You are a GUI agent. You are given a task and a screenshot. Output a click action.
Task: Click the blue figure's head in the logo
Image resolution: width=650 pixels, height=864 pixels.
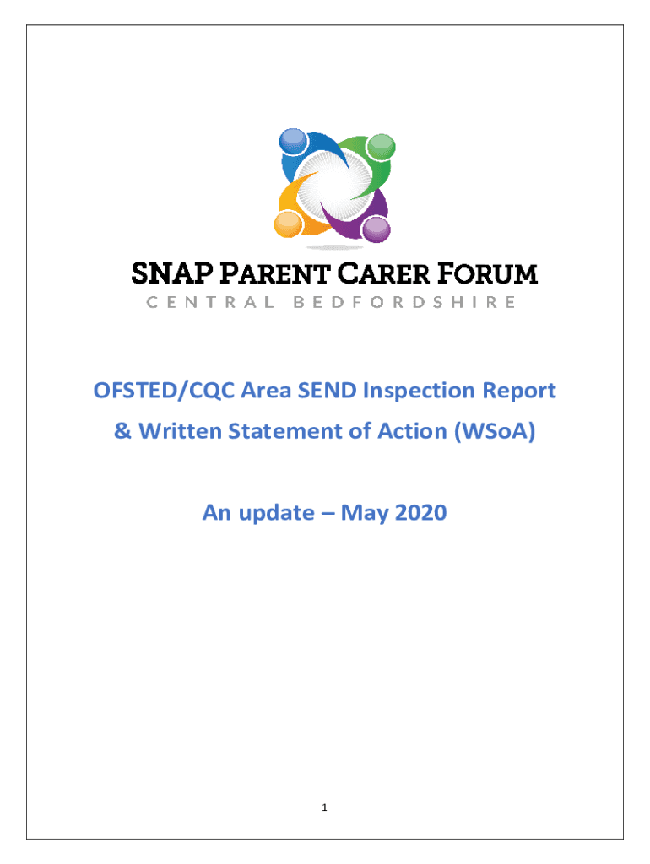[293, 141]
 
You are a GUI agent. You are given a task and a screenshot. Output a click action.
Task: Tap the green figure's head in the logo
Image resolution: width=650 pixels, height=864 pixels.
[381, 147]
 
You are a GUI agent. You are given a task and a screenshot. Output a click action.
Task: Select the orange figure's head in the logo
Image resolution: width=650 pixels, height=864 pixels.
[288, 224]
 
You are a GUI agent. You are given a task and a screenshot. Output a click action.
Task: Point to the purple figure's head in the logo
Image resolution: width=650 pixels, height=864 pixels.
[376, 229]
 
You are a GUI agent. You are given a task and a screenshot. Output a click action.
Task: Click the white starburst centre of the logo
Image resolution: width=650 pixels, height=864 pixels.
[334, 186]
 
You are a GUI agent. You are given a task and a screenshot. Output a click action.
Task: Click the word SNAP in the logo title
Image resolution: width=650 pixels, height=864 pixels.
[172, 274]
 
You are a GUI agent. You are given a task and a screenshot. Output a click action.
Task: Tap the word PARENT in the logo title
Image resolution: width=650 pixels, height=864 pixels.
[274, 274]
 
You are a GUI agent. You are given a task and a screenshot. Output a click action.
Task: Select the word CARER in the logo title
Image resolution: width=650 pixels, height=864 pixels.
[383, 274]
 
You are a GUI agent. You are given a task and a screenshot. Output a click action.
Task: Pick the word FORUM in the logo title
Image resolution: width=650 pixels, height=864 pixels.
[487, 274]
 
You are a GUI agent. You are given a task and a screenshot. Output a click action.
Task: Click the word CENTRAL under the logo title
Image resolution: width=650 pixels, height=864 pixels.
[210, 303]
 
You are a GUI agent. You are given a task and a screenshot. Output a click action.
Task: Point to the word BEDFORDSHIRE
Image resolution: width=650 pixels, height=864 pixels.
[404, 303]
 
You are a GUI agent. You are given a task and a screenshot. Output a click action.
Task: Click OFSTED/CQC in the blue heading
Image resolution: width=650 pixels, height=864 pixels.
[164, 391]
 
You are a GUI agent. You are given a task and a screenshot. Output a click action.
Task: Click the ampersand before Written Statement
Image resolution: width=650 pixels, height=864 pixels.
[122, 431]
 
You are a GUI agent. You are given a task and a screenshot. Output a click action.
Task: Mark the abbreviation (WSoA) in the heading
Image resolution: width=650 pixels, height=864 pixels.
[495, 431]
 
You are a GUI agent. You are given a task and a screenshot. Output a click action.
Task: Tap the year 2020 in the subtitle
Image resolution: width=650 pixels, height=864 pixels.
[420, 513]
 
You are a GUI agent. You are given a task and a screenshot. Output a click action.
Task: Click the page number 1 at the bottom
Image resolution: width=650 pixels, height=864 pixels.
[324, 807]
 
